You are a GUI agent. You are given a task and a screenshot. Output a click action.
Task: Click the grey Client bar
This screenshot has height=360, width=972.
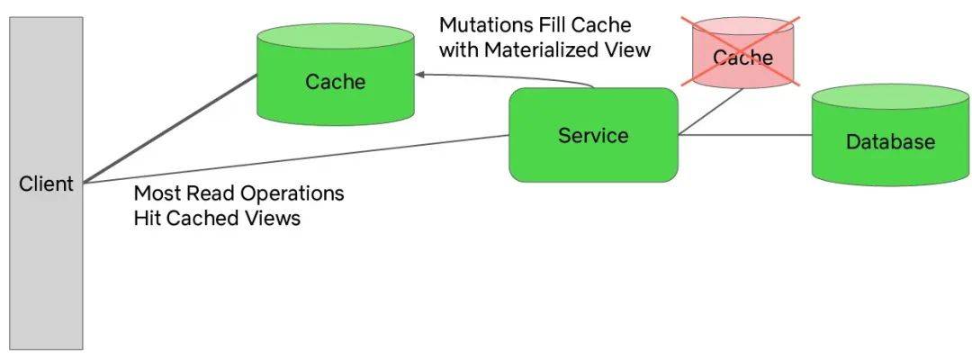46,183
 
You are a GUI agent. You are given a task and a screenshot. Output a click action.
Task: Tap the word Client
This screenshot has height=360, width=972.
46,184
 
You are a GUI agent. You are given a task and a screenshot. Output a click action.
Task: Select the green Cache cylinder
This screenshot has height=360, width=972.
336,75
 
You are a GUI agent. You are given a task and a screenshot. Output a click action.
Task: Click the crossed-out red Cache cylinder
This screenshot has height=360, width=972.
742,52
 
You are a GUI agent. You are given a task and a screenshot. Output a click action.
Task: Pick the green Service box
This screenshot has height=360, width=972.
593,135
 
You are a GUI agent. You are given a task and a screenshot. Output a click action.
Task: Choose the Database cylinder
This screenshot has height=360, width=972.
890,135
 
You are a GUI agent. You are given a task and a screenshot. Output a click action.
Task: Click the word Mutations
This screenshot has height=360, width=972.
485,25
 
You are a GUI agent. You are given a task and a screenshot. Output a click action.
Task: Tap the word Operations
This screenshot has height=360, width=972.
292,193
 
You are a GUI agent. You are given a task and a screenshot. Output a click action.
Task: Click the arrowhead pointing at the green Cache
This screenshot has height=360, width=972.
419,75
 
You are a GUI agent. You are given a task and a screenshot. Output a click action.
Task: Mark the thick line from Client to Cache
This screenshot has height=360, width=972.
170,129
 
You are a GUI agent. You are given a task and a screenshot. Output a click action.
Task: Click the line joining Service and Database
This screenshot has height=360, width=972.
745,134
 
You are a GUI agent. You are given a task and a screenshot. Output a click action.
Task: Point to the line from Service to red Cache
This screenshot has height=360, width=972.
712,112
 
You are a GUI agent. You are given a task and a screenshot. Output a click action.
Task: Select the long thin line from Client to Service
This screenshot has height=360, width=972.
296,159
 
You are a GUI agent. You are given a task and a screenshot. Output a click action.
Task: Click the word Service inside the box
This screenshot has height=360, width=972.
593,135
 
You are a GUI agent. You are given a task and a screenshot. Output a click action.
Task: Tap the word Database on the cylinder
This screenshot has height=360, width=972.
890,142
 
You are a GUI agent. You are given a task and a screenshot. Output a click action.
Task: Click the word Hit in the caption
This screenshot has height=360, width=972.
148,218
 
